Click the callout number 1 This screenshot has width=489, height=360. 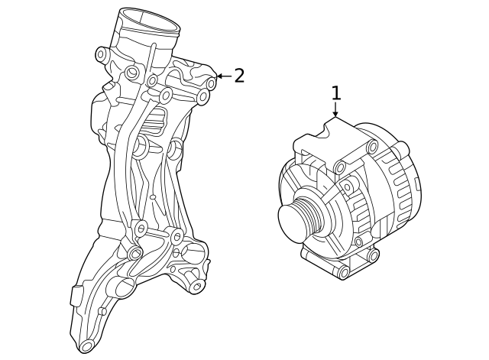(335, 93)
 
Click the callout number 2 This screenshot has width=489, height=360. (239, 76)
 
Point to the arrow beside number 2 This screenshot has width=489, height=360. (222, 76)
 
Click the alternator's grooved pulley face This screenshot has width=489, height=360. (293, 220)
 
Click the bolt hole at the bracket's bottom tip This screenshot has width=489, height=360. (86, 345)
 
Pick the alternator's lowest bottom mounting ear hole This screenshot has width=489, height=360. (343, 272)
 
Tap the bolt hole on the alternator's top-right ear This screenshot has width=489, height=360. (373, 147)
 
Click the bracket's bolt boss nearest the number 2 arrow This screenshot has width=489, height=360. (211, 83)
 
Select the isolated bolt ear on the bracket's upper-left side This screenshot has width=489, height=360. (102, 54)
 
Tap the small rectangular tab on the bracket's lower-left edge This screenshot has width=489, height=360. (75, 296)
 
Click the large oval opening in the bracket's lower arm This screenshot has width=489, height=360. (123, 289)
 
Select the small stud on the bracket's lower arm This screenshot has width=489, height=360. (102, 311)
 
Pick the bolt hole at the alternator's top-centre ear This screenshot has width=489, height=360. (341, 166)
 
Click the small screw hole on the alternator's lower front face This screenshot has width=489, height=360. (358, 242)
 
